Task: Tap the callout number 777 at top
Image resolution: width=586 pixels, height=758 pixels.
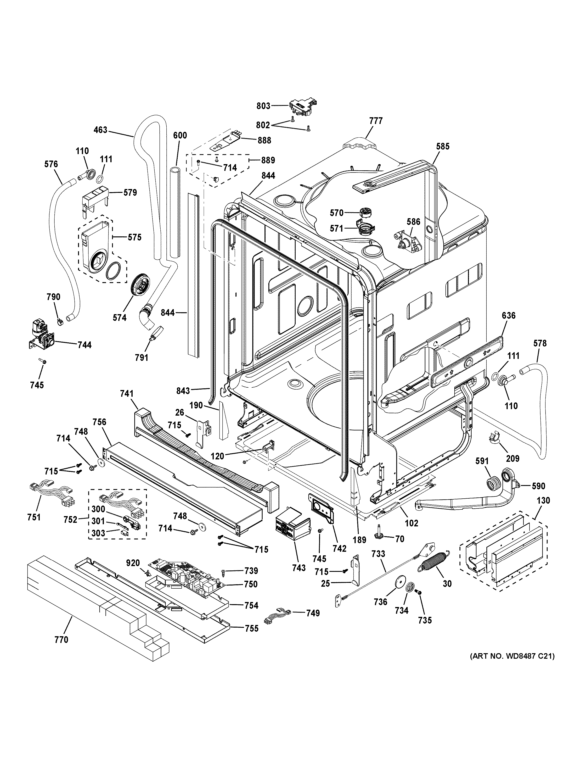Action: pyautogui.click(x=376, y=121)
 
